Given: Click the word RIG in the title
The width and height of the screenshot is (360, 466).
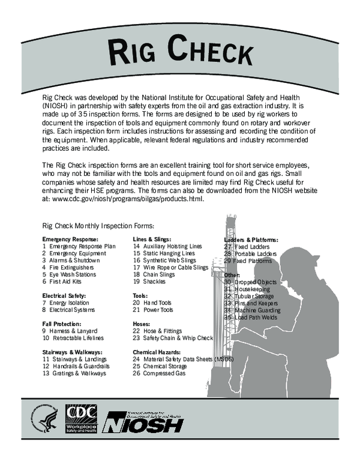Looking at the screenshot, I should [130, 52].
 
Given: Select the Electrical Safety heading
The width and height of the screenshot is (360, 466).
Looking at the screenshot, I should [64, 295].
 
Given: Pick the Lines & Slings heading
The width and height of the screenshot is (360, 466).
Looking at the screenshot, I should [152, 238].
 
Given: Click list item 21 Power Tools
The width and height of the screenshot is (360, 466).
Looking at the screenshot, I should [152, 310].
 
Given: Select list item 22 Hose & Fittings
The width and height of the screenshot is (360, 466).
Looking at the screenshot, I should [160, 331].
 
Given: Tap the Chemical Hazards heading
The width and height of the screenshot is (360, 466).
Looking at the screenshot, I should [157, 352].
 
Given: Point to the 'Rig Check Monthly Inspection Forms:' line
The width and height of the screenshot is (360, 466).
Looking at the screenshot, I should [98, 226].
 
